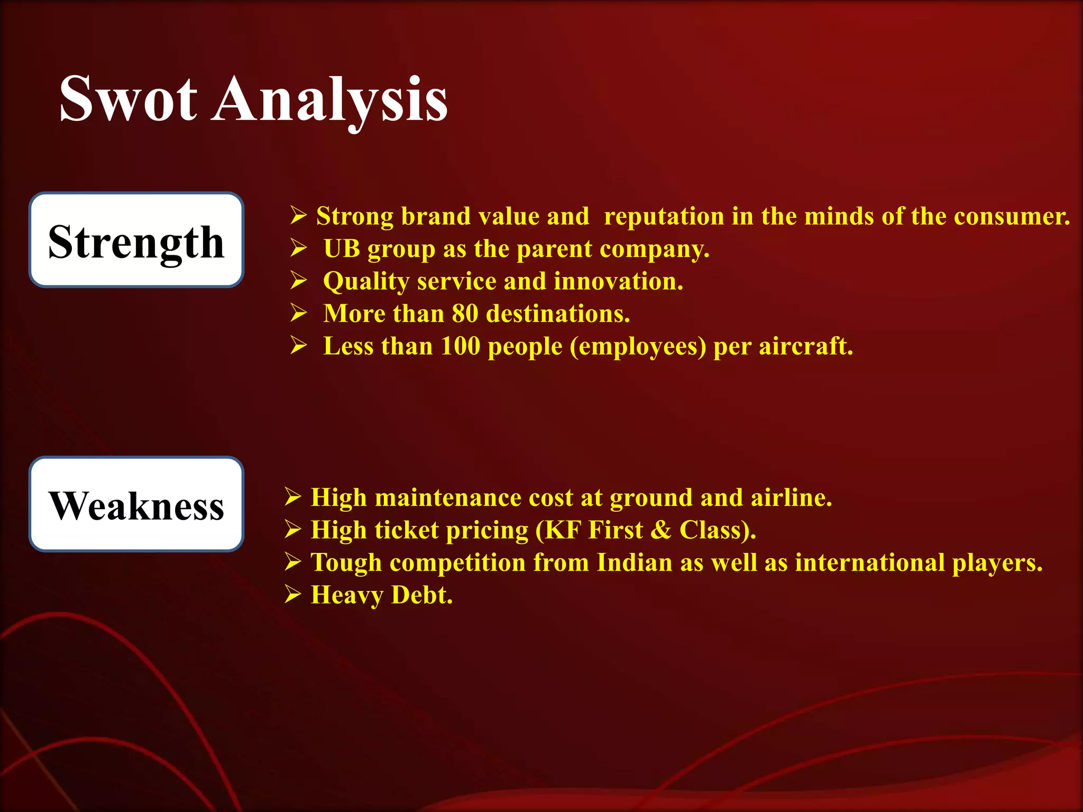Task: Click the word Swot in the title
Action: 128,99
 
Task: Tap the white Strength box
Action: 136,241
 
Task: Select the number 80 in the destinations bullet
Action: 465,314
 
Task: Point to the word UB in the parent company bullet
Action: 342,249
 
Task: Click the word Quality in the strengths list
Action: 366,282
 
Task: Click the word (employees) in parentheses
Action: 638,347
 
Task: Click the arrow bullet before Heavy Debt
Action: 292,595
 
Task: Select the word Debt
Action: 422,595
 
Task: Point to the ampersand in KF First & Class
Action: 660,530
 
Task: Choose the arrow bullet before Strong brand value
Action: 298,216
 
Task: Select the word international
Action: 870,562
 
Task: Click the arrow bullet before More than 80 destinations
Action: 298,313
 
